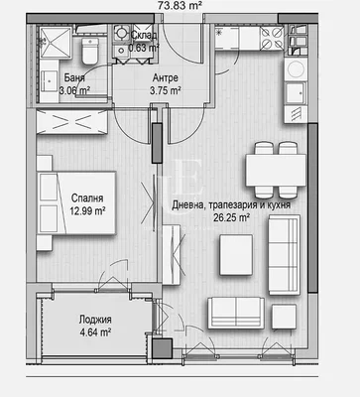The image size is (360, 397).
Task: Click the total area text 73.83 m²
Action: (180, 5)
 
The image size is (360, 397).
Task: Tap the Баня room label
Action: (74, 78)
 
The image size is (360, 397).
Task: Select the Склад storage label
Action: (144, 35)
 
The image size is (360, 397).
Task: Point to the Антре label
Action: (166, 78)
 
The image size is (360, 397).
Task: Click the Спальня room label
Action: (87, 198)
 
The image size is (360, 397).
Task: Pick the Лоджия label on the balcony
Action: (95, 320)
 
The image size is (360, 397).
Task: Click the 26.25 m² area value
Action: (231, 217)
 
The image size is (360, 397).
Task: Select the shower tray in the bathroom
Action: (56, 43)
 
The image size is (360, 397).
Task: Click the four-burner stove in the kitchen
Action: (272, 38)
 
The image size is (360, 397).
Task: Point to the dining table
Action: (276, 170)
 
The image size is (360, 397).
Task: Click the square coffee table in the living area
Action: (236, 255)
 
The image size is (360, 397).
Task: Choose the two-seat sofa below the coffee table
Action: (236, 314)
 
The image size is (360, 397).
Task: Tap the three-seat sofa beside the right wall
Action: (284, 254)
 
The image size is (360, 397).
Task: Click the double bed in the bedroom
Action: (76, 202)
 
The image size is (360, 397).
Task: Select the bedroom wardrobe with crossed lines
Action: (71, 122)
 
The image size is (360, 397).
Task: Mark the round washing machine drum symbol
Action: (296, 69)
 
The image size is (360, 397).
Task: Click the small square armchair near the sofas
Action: (284, 317)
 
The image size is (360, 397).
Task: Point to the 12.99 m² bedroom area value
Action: (87, 210)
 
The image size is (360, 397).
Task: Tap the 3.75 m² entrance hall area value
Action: (166, 90)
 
